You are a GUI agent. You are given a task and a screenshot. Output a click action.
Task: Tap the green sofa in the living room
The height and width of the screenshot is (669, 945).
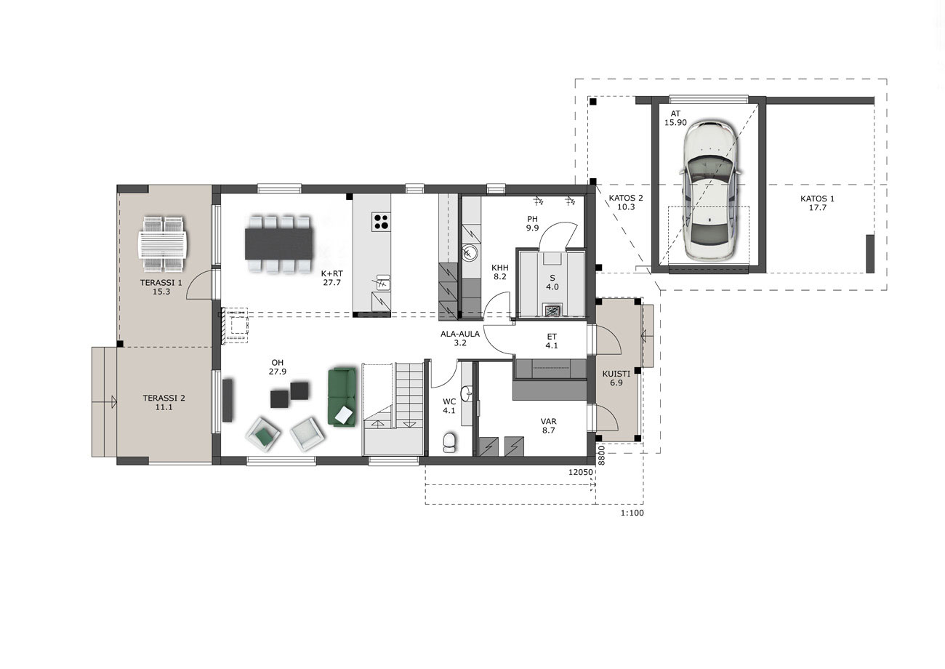click(x=342, y=397)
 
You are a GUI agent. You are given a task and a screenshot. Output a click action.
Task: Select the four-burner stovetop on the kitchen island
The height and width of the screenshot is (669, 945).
click(x=380, y=222)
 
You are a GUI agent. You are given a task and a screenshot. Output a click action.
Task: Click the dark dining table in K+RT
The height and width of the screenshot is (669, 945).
click(x=279, y=244)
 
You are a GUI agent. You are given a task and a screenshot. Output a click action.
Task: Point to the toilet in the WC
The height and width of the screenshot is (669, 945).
click(x=449, y=442)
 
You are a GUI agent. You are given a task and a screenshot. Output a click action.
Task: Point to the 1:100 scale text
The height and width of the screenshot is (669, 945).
click(x=632, y=513)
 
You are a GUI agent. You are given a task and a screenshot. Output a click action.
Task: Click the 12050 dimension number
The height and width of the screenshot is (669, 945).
click(x=581, y=473)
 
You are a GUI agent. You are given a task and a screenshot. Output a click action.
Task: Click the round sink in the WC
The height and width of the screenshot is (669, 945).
click(x=467, y=393)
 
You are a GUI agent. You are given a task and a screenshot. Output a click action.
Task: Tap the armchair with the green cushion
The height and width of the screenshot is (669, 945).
click(x=264, y=434)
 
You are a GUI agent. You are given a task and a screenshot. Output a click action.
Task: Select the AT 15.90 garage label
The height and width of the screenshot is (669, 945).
click(x=675, y=119)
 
